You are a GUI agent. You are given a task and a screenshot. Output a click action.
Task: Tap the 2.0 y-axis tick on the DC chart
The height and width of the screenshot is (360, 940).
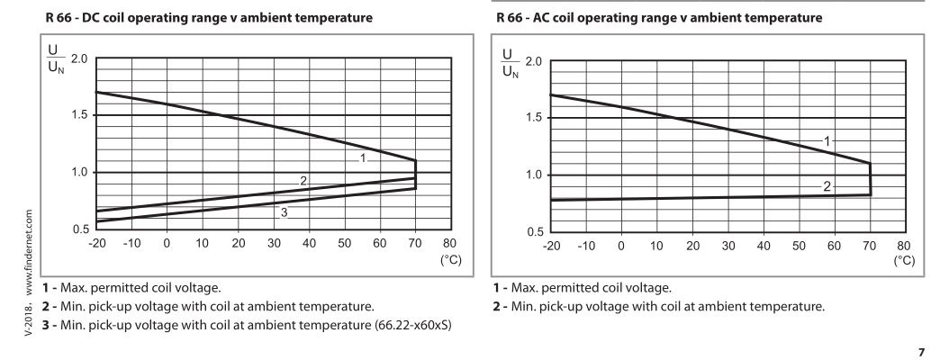tap(78, 58)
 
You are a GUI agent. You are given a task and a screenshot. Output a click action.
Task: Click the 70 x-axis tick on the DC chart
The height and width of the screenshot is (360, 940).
tap(415, 244)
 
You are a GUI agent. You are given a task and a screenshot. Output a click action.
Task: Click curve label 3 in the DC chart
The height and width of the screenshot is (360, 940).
tap(284, 212)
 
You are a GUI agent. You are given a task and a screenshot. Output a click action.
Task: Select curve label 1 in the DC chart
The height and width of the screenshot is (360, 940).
tap(362, 157)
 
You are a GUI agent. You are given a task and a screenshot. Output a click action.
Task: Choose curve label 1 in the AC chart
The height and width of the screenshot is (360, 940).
tap(827, 140)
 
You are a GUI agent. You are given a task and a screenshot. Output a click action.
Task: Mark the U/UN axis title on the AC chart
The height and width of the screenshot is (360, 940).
tap(509, 67)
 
